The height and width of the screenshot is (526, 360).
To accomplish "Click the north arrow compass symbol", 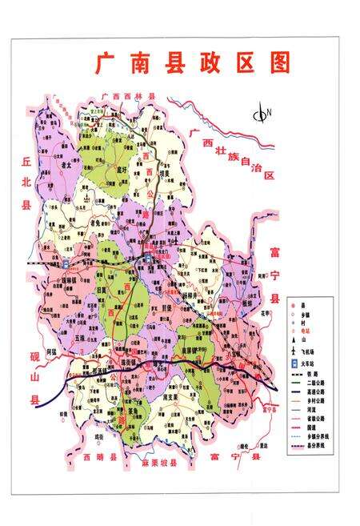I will pyautogui.click(x=260, y=114).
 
